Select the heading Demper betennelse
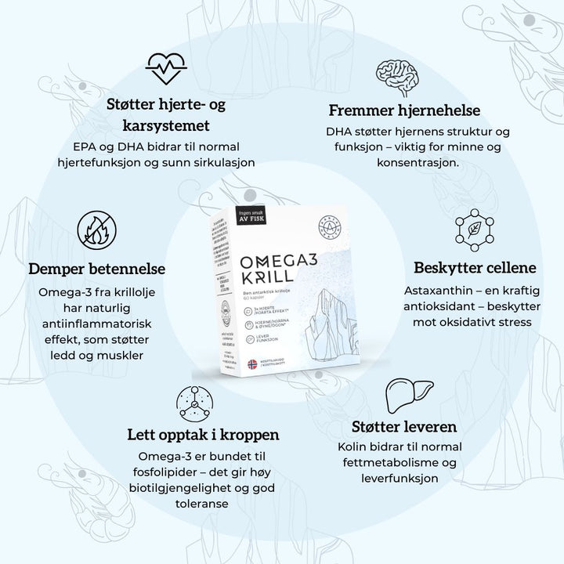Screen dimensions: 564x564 pos(97,269)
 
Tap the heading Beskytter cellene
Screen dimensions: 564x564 pos(475,267)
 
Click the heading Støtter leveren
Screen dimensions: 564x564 pos(403,428)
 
